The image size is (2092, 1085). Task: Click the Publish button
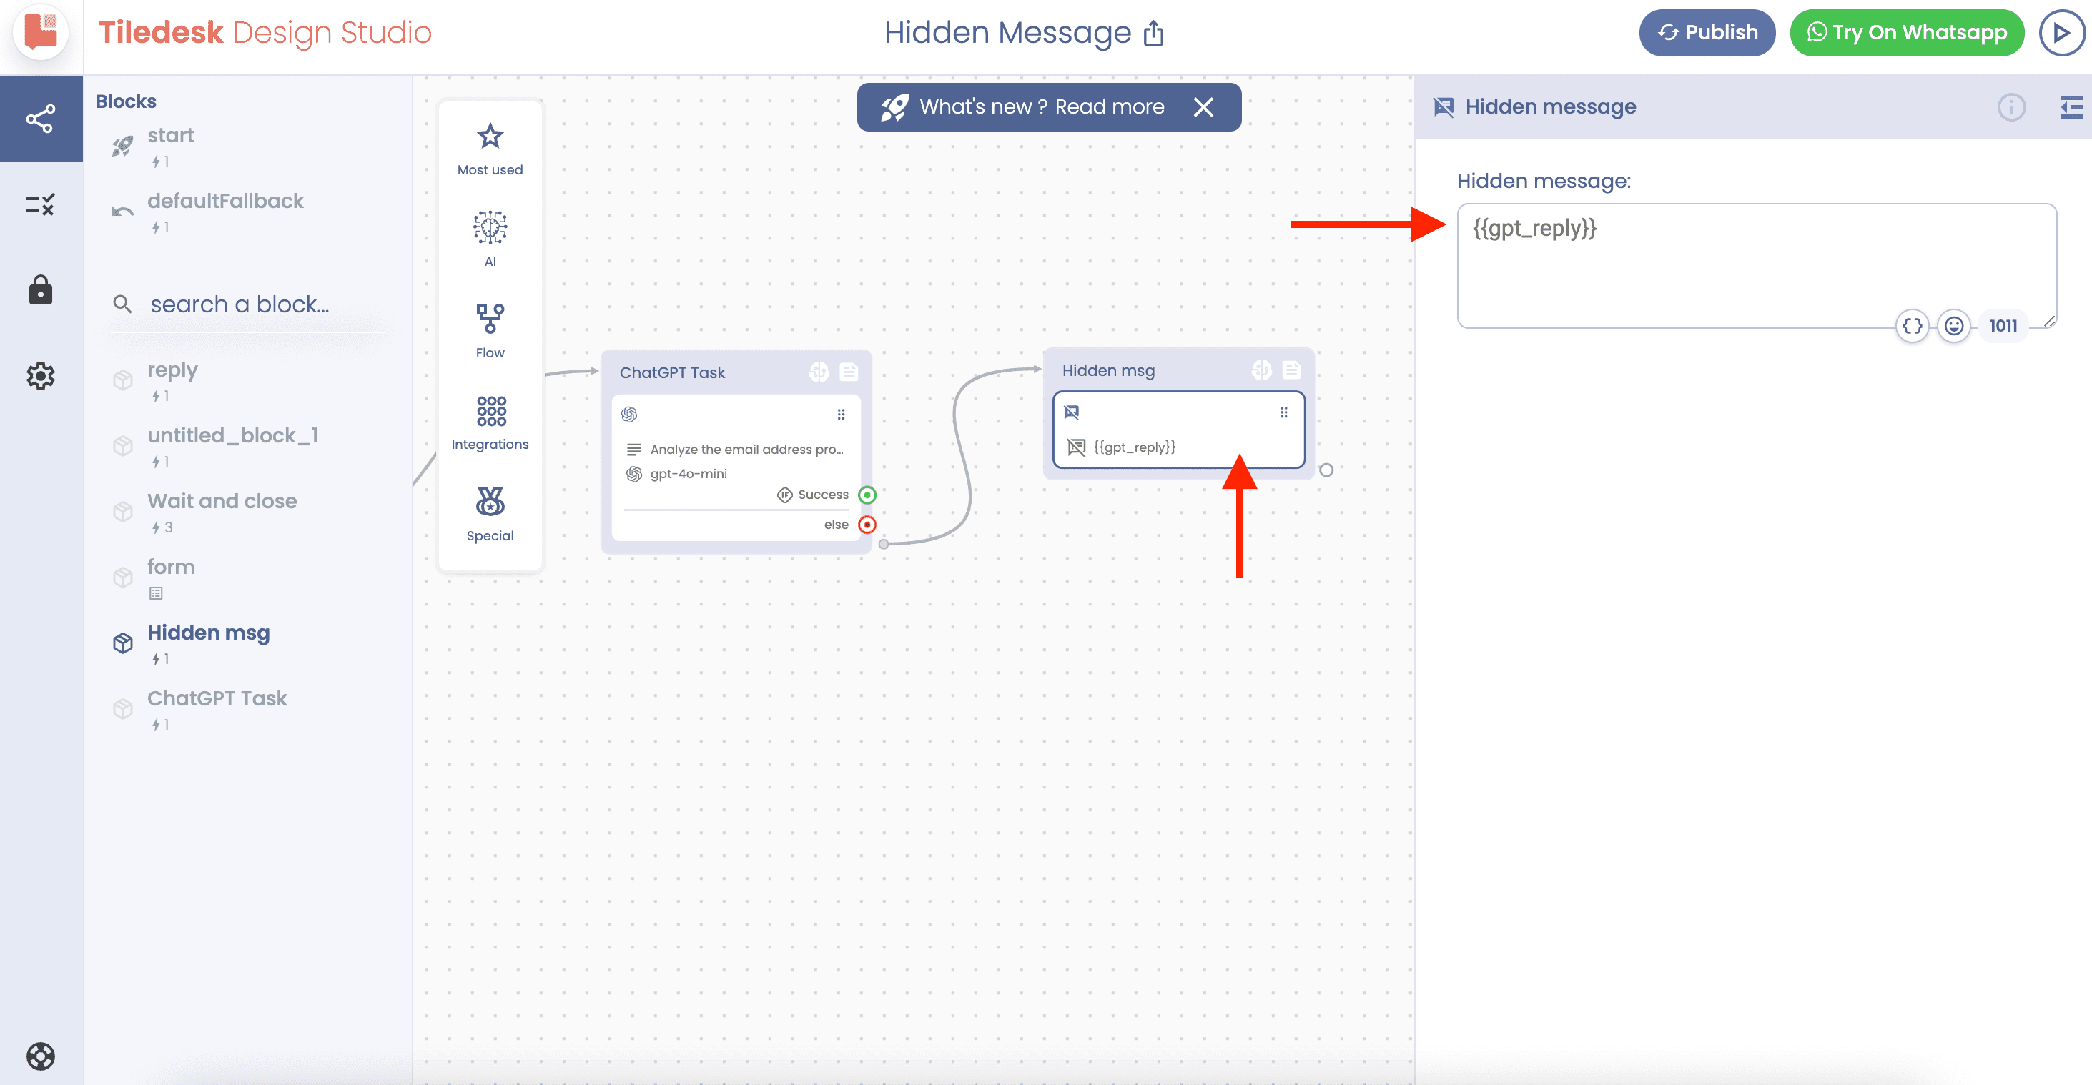pos(1707,32)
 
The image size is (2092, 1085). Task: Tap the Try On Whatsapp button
pos(1907,32)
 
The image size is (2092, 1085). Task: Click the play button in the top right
pos(2061,32)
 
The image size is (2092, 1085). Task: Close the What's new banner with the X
pos(1203,107)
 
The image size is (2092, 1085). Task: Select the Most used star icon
pos(490,136)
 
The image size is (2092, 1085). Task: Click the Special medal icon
pos(490,502)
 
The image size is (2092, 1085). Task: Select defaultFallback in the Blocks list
pos(225,201)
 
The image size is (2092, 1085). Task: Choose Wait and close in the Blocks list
pos(222,501)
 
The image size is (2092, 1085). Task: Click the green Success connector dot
pos(867,495)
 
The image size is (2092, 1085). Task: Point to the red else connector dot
pos(867,525)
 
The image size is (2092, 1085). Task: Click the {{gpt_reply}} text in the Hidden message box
pos(1534,228)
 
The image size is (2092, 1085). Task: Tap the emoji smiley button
pos(1954,326)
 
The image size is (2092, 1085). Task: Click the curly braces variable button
pos(1913,326)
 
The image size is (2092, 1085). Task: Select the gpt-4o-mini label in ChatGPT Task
pos(688,473)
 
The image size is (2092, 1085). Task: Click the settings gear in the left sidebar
pos(41,376)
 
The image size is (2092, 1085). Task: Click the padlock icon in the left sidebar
pos(41,290)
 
